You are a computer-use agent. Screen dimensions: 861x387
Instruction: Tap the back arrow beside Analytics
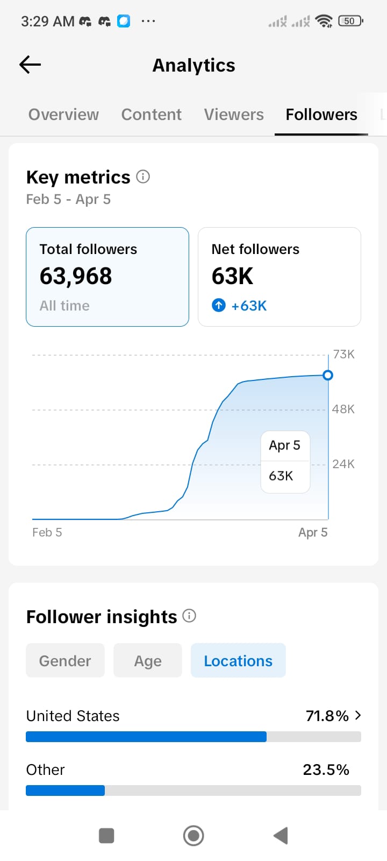pos(30,65)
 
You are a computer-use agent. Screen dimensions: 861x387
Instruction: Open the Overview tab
pos(63,115)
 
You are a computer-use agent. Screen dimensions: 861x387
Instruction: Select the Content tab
pos(151,115)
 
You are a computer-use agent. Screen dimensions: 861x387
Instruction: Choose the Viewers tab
pos(234,115)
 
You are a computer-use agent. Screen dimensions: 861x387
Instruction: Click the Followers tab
pos(321,115)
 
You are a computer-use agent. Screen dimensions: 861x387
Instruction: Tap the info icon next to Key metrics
pos(143,177)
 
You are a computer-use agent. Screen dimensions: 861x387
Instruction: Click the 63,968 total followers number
pos(76,276)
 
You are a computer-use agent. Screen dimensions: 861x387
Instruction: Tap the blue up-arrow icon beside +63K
pos(219,306)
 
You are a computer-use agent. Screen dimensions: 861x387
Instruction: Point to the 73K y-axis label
pos(343,354)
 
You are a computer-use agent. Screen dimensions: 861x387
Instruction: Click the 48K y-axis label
pos(343,409)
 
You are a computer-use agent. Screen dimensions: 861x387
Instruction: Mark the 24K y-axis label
pos(343,464)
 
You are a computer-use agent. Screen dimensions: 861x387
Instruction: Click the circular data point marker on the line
pos(327,375)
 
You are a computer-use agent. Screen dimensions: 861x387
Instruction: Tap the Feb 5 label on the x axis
pos(47,532)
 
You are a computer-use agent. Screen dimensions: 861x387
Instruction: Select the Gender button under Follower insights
pos(65,661)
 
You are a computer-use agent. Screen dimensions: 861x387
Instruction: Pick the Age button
pos(148,661)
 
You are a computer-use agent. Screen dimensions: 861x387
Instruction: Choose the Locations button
pos(238,661)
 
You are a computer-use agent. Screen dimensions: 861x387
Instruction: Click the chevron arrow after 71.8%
pos(358,715)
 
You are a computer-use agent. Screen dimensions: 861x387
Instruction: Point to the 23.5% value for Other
pos(326,770)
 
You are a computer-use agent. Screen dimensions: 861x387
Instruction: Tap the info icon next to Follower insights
pos(189,616)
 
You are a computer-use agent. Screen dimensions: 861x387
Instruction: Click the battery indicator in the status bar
pos(350,21)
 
